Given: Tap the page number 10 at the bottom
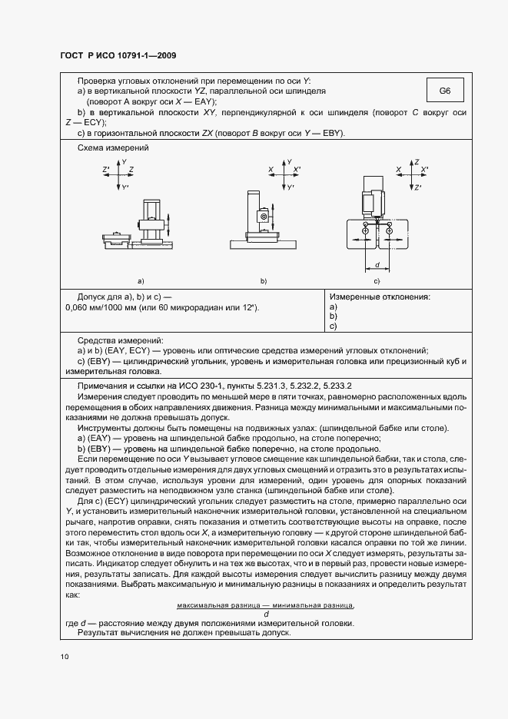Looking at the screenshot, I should [65, 656].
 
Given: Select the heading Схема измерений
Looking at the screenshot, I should [113, 147].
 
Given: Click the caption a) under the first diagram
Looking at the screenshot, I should [140, 281].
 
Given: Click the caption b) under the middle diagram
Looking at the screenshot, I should [263, 281].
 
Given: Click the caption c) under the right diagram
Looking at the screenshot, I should [377, 281].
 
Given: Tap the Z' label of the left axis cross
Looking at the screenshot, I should [106, 168].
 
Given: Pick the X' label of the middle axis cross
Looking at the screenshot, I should [297, 168].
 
